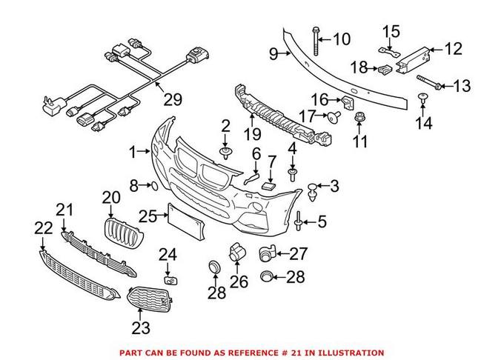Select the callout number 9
[x=273, y=53]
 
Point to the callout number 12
[x=452, y=49]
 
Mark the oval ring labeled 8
[x=148, y=184]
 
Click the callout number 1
[x=133, y=152]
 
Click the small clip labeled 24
[x=169, y=279]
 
